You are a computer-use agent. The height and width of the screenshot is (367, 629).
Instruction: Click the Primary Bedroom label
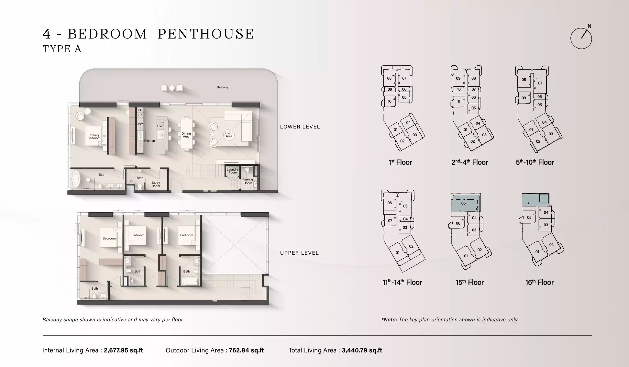pyautogui.click(x=94, y=137)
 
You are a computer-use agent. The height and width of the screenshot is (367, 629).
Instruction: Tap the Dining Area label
pyautogui.click(x=186, y=135)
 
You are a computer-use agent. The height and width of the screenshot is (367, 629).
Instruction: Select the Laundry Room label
pyautogui.click(x=232, y=171)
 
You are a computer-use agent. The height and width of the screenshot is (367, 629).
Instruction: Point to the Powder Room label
pyautogui.click(x=248, y=181)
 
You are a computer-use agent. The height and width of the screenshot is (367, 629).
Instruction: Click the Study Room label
pyautogui.click(x=156, y=184)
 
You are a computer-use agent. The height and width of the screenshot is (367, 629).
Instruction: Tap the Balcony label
pyautogui.click(x=222, y=87)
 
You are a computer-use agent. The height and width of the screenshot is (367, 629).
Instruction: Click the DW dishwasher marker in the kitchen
pyautogui.click(x=160, y=126)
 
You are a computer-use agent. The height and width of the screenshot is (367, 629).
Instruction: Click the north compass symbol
pyautogui.click(x=581, y=38)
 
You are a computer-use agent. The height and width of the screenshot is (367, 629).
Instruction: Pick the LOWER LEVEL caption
pyautogui.click(x=300, y=127)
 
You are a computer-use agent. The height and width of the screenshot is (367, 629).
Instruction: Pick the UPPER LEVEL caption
pyautogui.click(x=299, y=253)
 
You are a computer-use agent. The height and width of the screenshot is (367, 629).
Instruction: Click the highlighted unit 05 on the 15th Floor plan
pyautogui.click(x=464, y=204)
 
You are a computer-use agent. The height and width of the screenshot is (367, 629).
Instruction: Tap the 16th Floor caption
pyautogui.click(x=539, y=283)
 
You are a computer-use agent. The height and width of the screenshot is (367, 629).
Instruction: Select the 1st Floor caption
pyautogui.click(x=400, y=162)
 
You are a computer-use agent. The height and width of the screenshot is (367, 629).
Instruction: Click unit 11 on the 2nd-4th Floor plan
pyautogui.click(x=458, y=101)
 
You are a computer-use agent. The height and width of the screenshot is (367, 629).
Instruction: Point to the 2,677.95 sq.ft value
pyautogui.click(x=123, y=350)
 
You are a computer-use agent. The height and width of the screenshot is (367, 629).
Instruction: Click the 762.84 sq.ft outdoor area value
pyautogui.click(x=246, y=350)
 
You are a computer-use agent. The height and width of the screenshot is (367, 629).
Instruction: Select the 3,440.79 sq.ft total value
pyautogui.click(x=362, y=350)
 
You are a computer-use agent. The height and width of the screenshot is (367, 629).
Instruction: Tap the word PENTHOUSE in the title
pyautogui.click(x=206, y=34)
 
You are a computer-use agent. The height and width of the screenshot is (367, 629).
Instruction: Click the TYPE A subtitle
pyautogui.click(x=62, y=49)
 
